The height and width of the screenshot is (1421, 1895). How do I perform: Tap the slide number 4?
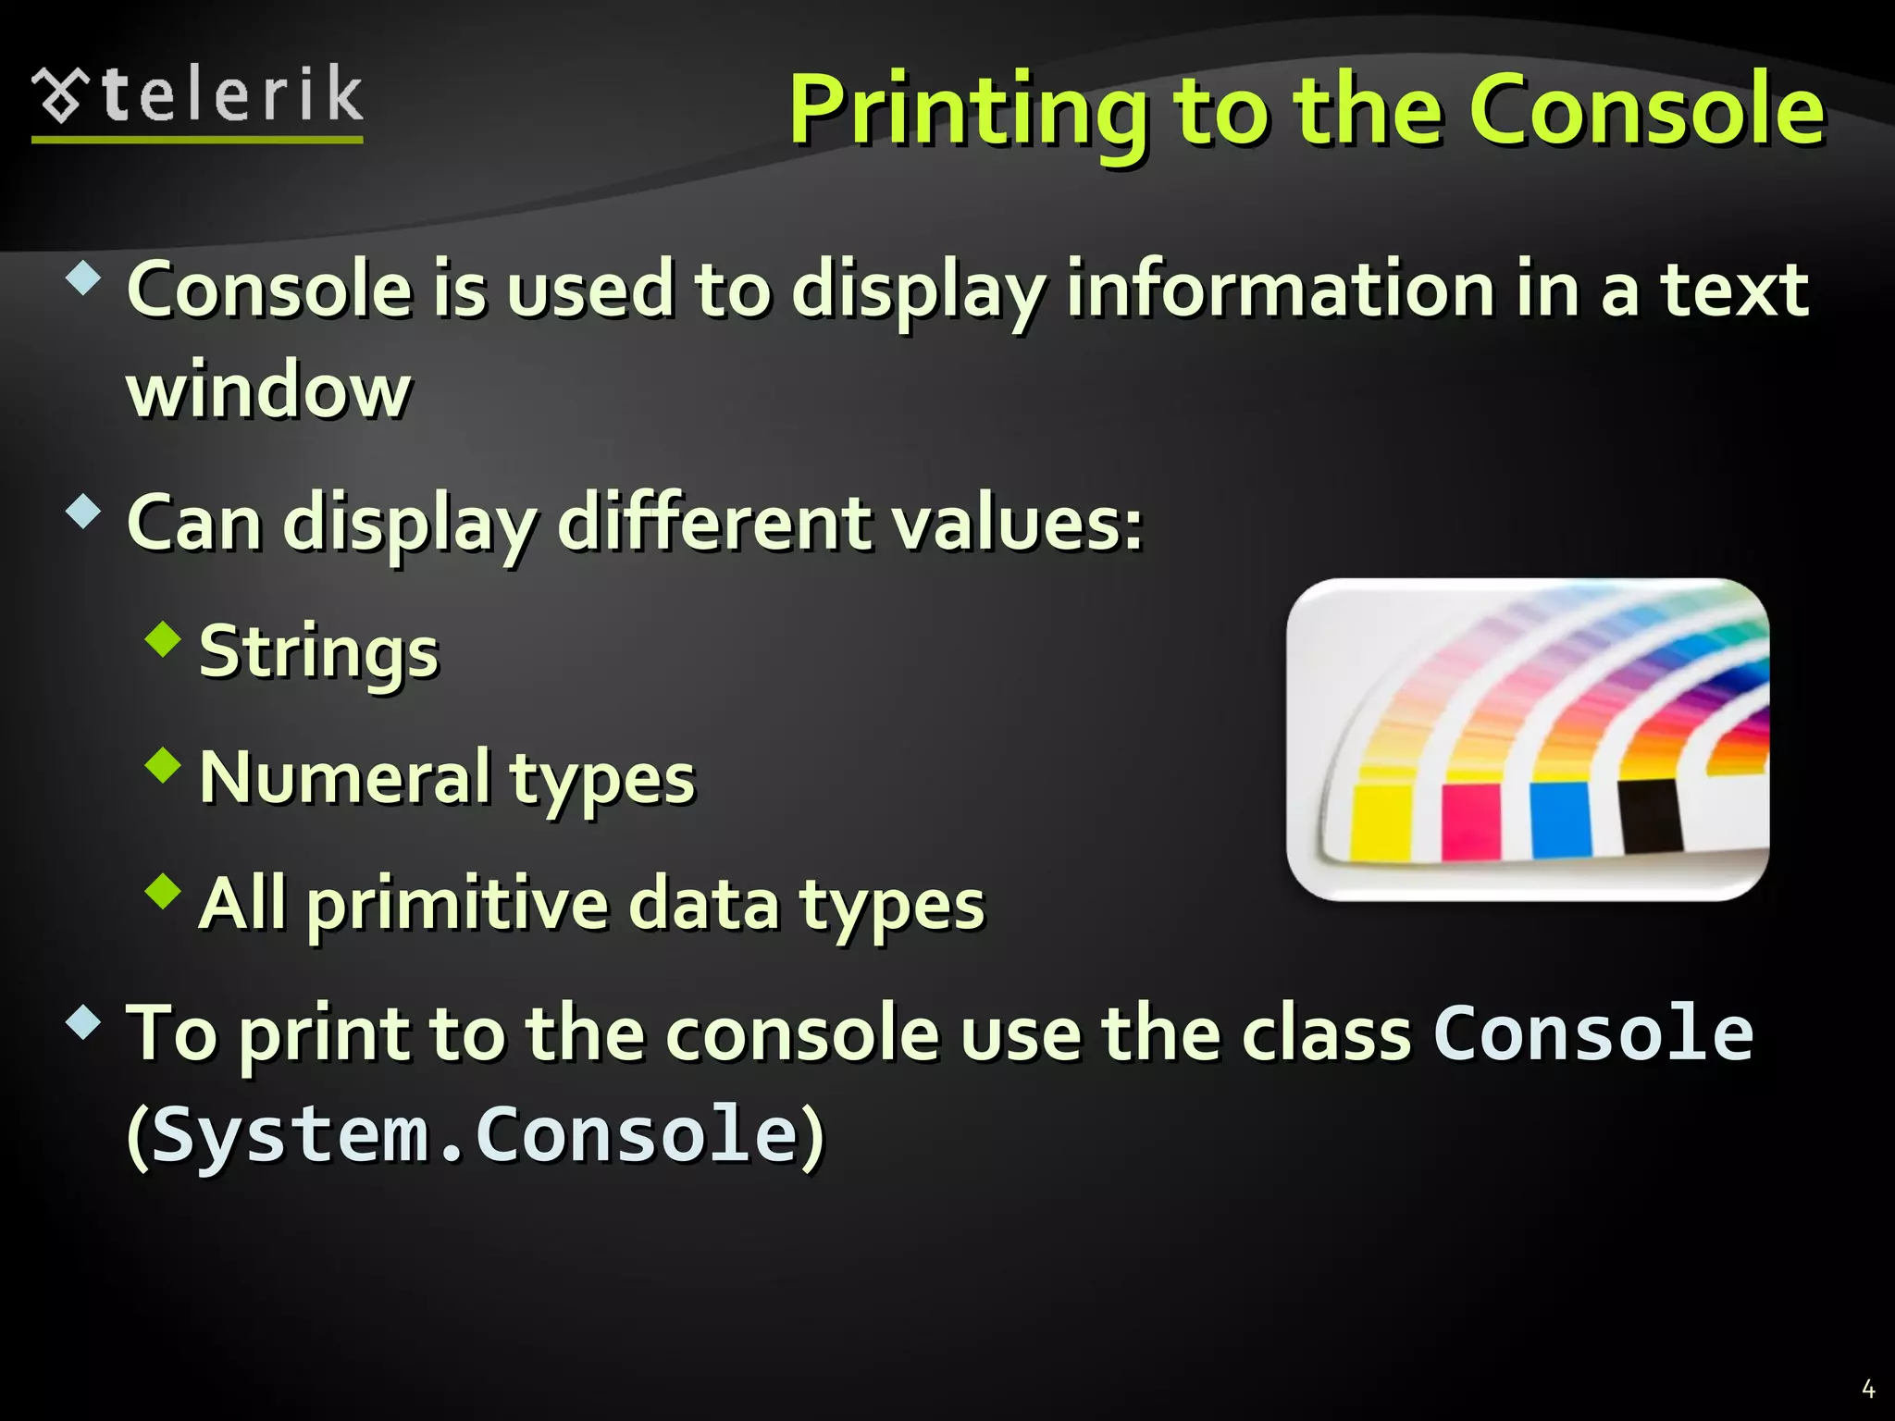[x=1867, y=1389]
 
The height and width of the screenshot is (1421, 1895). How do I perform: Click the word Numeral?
[x=345, y=777]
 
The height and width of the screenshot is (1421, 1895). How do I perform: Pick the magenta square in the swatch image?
[x=1470, y=821]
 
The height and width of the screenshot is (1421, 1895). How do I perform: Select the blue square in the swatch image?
[x=1560, y=819]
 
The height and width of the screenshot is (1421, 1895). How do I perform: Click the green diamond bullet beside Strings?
[x=164, y=639]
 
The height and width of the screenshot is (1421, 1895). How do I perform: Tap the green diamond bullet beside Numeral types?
[x=164, y=765]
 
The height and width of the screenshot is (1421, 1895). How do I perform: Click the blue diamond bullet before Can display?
[x=83, y=511]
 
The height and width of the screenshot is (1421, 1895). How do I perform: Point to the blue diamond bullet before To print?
[x=83, y=1021]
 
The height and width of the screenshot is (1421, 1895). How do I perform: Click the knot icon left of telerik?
[x=61, y=96]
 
